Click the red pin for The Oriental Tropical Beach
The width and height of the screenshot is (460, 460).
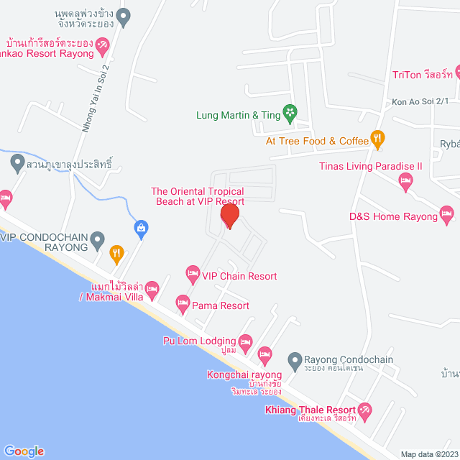point(229,216)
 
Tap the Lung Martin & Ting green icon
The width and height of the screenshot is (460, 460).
point(290,113)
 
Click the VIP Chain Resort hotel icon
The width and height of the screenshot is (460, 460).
point(193,273)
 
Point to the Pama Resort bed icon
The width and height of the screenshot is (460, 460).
point(182,302)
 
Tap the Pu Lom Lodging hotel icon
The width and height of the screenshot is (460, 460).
point(245,340)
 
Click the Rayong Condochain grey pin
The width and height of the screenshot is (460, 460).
point(294,359)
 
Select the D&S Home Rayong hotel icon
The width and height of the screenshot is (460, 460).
point(447,213)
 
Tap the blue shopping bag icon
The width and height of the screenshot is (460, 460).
point(142,229)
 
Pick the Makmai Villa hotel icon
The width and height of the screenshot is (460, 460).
point(152,290)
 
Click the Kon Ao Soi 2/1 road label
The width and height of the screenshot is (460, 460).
point(420,101)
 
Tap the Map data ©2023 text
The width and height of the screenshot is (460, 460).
point(428,454)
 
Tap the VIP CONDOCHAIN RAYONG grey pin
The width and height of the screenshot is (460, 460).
point(98,237)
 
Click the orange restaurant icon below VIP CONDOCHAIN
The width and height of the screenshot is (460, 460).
point(116,252)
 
